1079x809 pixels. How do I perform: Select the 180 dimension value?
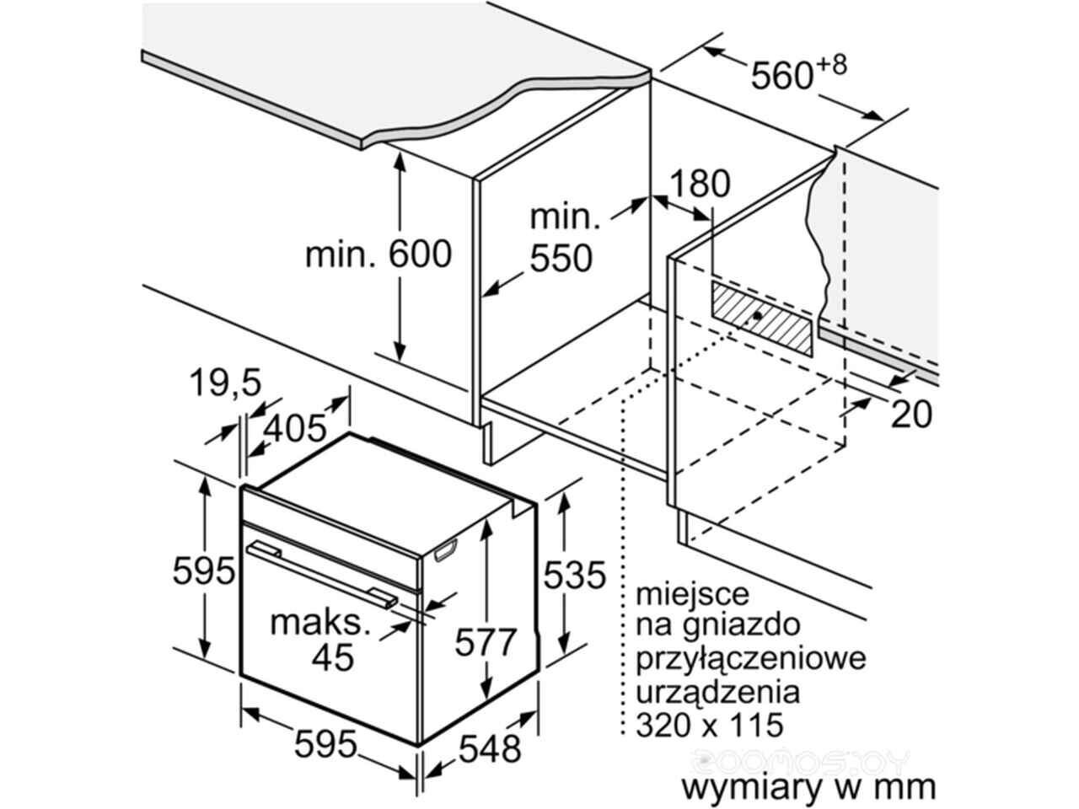[700, 184]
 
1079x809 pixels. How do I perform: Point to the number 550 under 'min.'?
[561, 259]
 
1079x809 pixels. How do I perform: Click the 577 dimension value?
[486, 641]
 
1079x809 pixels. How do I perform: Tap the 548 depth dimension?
[490, 749]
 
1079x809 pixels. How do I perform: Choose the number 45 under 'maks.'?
[333, 657]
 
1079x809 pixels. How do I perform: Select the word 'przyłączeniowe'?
[751, 660]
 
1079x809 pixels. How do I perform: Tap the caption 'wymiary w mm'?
[808, 787]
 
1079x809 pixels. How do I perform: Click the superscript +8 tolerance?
[832, 65]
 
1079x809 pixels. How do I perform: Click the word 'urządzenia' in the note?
[718, 693]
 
